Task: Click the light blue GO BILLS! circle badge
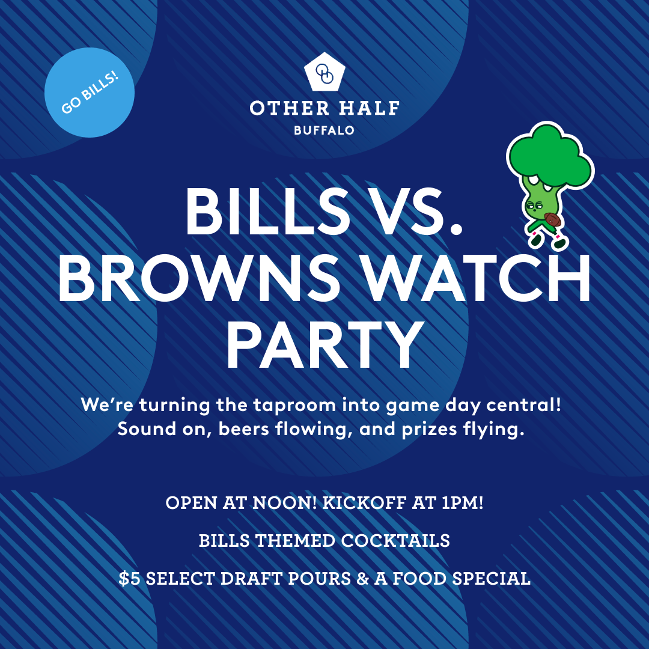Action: point(90,93)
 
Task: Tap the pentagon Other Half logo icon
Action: point(324,73)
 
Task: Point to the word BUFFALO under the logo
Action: point(324,130)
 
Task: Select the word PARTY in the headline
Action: point(324,347)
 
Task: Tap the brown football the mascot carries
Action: point(552,220)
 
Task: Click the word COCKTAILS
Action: point(395,541)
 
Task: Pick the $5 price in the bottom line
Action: point(129,579)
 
